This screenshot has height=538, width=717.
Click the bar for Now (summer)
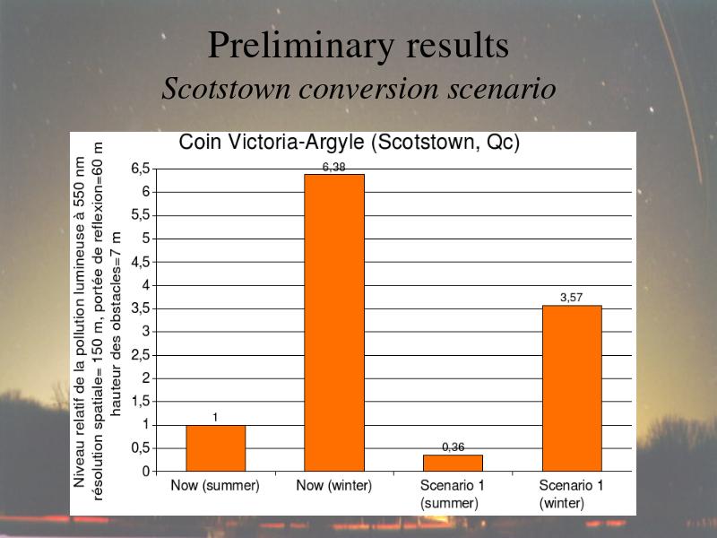coord(215,448)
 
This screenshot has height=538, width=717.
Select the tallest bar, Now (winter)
coord(334,323)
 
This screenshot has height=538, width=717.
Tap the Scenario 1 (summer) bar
coord(453,463)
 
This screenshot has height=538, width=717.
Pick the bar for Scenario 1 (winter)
coord(572,388)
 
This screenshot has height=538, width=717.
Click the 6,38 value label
coord(333,168)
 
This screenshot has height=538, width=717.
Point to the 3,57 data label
coord(572,298)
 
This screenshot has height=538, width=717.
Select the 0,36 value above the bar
coord(454,447)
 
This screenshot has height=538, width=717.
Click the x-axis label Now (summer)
coord(215,485)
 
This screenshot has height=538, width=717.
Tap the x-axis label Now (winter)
coord(333,485)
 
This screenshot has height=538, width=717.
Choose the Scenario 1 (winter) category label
coord(571,494)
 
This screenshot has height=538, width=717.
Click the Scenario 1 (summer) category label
coord(452,494)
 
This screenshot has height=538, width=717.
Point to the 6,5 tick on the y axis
coord(141,169)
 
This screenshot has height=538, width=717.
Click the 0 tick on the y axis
coord(146,472)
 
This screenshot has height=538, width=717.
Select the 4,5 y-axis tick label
coord(141,262)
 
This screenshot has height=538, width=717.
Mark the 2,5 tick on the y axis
coord(141,355)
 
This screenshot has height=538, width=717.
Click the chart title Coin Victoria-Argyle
coord(349,143)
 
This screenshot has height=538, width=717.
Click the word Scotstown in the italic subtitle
coord(227,88)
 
